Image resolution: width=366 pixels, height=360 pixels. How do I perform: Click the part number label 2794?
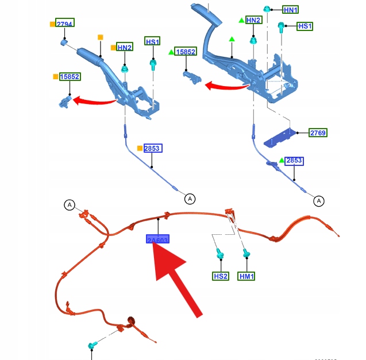65,24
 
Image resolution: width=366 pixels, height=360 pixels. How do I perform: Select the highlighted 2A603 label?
157,240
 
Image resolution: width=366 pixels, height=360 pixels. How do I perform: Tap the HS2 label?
221,276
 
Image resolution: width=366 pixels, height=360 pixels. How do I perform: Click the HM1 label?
247,276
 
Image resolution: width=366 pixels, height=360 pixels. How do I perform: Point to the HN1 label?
291,10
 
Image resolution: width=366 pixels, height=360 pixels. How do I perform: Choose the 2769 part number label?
318,133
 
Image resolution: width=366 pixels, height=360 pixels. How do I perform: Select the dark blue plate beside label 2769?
280,136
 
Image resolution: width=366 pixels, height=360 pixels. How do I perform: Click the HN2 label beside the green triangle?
253,20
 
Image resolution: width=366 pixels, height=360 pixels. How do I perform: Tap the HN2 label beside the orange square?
125,47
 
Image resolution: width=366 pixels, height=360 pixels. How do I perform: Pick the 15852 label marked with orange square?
70,76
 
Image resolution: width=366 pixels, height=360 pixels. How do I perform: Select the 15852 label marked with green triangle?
186,52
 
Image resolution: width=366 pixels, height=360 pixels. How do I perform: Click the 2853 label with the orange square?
153,148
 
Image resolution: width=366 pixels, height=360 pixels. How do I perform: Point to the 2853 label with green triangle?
294,160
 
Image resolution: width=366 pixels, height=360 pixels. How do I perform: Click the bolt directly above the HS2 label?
219,253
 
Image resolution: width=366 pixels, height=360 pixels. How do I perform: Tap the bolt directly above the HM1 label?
246,253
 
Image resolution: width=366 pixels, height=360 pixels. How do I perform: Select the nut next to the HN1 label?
267,9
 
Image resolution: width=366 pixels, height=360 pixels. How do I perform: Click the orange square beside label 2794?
52,24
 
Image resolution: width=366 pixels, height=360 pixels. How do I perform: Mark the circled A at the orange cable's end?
69,204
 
